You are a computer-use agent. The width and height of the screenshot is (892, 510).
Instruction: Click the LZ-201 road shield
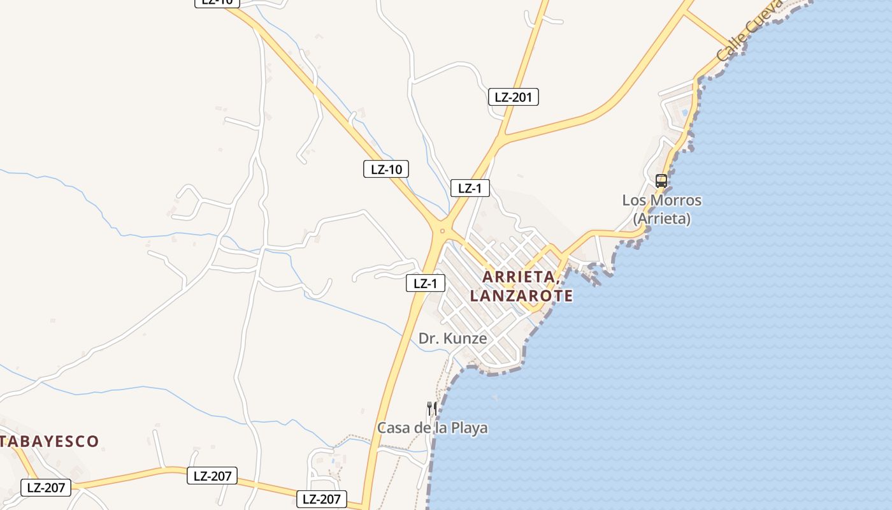[x=513, y=97]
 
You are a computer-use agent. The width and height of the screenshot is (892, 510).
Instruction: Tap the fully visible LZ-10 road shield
[x=385, y=169]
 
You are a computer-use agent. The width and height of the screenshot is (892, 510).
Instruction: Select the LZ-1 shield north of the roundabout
[x=470, y=188]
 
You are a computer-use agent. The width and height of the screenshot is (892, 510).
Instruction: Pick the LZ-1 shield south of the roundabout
[x=425, y=284]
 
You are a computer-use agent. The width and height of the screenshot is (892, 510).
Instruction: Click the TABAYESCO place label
[x=50, y=441]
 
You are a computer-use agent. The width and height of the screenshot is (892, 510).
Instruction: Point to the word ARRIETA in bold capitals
[x=521, y=277]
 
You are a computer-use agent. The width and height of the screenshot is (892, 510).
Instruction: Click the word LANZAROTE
[x=521, y=296]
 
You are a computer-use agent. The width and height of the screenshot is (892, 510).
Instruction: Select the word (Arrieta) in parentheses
[x=662, y=219]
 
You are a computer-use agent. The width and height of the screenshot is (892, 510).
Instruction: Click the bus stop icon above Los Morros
[x=661, y=180]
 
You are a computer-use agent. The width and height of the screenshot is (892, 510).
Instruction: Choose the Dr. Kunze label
[x=452, y=339]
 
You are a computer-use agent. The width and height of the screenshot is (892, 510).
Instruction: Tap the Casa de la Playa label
[x=433, y=428]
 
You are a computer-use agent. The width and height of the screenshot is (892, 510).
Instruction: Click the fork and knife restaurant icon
[x=432, y=408]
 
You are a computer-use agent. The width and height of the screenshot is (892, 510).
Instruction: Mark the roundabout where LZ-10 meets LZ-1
[x=442, y=231]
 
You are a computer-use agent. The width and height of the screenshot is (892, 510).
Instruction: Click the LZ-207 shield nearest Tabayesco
[x=46, y=488]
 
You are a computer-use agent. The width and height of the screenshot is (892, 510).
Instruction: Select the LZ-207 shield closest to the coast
[x=322, y=499]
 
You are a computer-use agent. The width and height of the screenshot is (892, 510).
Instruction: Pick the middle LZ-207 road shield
[x=212, y=476]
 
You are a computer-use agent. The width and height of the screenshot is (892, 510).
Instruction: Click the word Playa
[x=469, y=428]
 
